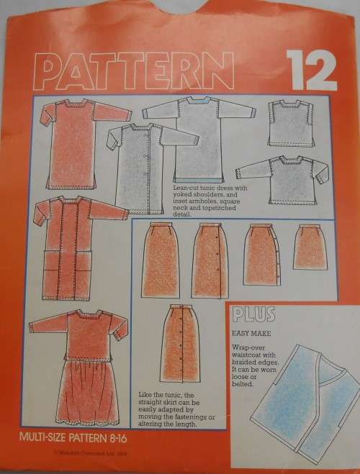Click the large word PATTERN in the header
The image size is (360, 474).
pyautogui.click(x=145, y=73)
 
